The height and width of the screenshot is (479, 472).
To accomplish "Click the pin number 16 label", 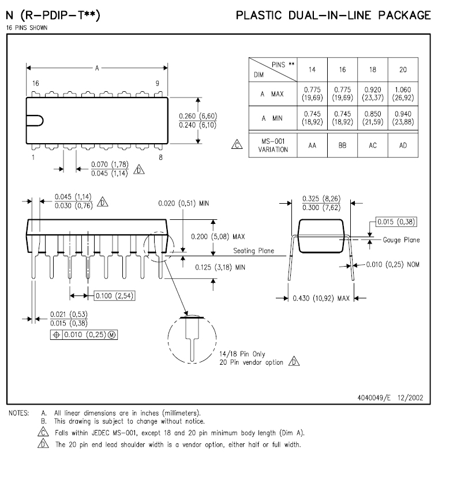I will (x=35, y=84).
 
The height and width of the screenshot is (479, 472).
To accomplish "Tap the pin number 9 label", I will (x=157, y=84).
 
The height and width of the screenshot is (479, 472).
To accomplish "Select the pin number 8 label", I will (x=160, y=157).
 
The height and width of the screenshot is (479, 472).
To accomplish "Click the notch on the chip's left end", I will (x=36, y=121).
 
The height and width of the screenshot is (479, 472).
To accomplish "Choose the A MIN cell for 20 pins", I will (x=403, y=119).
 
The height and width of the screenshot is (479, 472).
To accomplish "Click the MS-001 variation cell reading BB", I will (x=342, y=145).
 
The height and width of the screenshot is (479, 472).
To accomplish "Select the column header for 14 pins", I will (x=312, y=70).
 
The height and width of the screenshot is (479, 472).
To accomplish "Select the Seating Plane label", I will (x=253, y=251).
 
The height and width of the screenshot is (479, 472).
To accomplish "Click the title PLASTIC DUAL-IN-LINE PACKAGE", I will (x=333, y=16).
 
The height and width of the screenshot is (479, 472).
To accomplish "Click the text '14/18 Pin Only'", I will (x=243, y=353).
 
